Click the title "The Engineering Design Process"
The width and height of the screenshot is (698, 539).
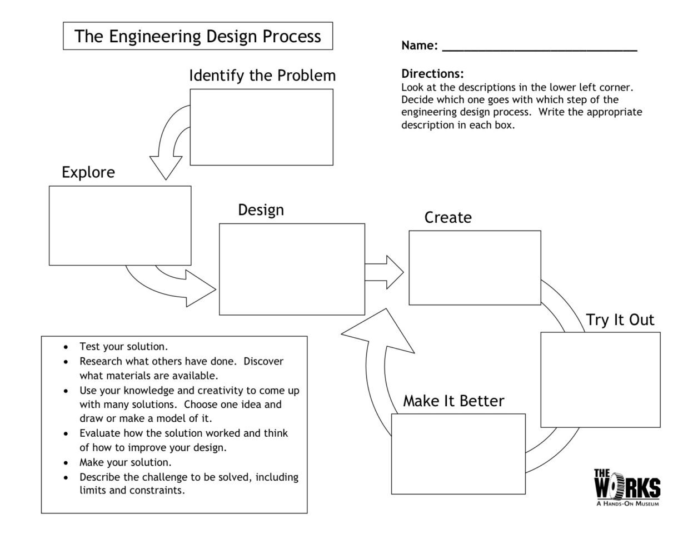pyautogui.click(x=198, y=37)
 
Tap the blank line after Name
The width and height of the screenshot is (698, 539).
pyautogui.click(x=539, y=47)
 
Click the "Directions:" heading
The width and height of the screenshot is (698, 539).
pyautogui.click(x=432, y=74)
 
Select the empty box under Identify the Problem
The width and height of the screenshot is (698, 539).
pyautogui.click(x=261, y=127)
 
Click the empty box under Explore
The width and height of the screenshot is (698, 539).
pyautogui.click(x=120, y=226)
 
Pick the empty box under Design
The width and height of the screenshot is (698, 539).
pyautogui.click(x=292, y=269)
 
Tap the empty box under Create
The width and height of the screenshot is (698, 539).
pyautogui.click(x=475, y=268)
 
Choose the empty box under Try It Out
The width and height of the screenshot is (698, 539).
pyautogui.click(x=600, y=380)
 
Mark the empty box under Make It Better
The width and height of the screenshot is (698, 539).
pyautogui.click(x=458, y=453)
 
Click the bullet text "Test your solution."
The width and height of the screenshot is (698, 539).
pyautogui.click(x=123, y=347)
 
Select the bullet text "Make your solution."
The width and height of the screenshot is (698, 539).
pyautogui.click(x=125, y=462)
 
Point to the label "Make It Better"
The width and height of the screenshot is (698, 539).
pyautogui.click(x=453, y=401)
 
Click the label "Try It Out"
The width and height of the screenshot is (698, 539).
pyautogui.click(x=620, y=320)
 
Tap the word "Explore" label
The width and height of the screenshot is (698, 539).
pyautogui.click(x=88, y=172)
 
